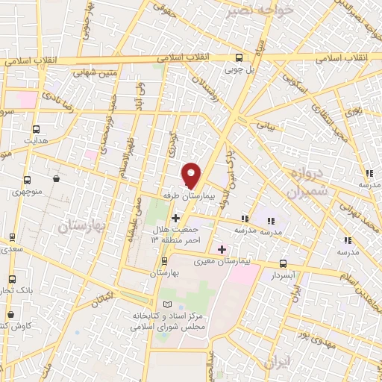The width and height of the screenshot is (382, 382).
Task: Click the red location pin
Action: pyautogui.click(x=192, y=175)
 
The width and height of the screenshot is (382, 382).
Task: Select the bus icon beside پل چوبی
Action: pyautogui.click(x=239, y=57)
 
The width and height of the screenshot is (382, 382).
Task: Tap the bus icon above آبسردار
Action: pyautogui.click(x=283, y=263)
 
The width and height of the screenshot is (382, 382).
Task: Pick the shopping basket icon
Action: pyautogui.click(x=57, y=179)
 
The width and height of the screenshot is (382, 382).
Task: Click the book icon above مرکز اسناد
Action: pyautogui.click(x=166, y=304)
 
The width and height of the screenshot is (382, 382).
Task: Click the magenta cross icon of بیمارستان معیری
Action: pyautogui.click(x=221, y=248)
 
